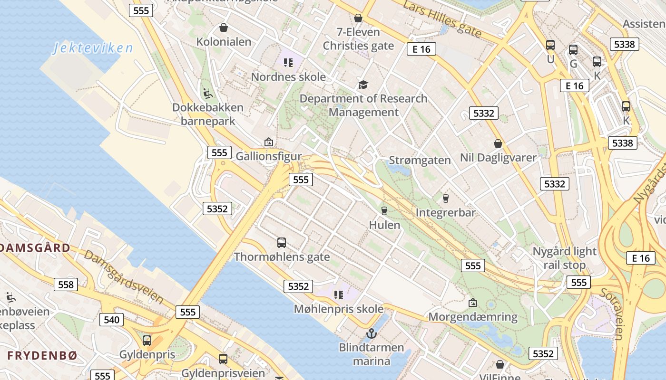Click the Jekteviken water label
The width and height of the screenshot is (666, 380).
click(x=93, y=48)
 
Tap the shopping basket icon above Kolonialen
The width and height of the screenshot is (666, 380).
click(x=223, y=28)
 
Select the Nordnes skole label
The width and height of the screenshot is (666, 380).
click(x=288, y=77)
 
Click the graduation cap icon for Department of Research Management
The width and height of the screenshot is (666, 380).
click(x=363, y=85)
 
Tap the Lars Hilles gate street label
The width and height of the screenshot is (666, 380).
click(x=442, y=19)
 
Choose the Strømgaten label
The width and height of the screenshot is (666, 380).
click(x=420, y=160)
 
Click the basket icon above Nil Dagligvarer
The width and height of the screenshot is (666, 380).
click(x=498, y=143)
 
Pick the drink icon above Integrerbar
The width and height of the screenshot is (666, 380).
click(x=446, y=198)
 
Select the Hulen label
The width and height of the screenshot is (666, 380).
click(x=384, y=225)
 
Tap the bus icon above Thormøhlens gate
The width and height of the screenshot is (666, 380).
click(x=282, y=243)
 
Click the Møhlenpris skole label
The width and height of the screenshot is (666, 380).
click(x=339, y=309)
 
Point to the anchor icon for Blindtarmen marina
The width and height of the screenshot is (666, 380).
click(x=371, y=333)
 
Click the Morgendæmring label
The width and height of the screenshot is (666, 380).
click(x=473, y=317)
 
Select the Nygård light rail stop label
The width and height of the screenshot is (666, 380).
click(x=564, y=258)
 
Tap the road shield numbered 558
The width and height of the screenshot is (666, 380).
click(x=66, y=285)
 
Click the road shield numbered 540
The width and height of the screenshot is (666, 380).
click(x=111, y=320)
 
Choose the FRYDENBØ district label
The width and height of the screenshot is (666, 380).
click(x=42, y=355)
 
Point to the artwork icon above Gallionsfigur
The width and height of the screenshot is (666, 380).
click(x=269, y=142)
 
